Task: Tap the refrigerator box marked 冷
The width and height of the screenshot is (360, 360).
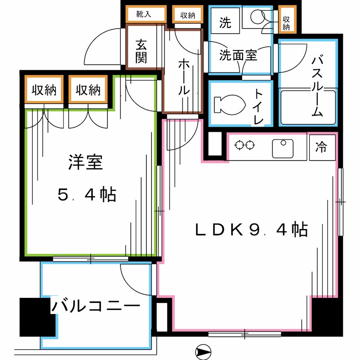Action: (321, 147)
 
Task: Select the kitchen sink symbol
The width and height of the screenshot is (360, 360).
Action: (283, 148)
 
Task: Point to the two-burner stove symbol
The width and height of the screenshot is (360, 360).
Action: (245, 146)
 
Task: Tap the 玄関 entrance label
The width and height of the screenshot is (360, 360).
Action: (141, 51)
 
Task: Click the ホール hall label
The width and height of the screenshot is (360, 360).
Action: (183, 76)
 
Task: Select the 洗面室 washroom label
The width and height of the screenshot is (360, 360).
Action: (238, 56)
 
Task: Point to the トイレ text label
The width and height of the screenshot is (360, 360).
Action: (259, 106)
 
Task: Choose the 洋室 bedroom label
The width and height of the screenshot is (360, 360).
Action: (86, 162)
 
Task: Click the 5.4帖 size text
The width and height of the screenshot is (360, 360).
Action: (87, 195)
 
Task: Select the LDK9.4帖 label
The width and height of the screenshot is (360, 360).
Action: (251, 230)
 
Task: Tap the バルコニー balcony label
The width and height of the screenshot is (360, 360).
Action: (95, 307)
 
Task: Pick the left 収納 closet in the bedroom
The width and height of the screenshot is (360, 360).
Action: (44, 90)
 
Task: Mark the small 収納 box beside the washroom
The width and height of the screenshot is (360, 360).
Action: (287, 20)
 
